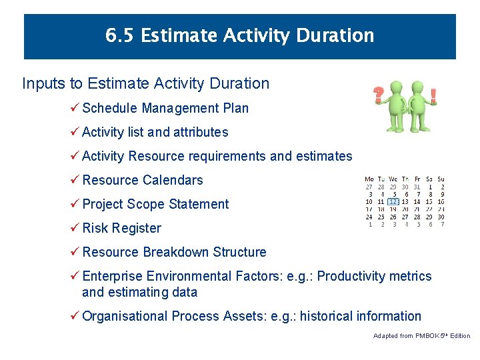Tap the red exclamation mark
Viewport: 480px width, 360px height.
point(433,95)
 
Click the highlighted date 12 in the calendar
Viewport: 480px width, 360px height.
point(393,201)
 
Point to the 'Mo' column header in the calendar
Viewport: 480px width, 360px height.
point(369,179)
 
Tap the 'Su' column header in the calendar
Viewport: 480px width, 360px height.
point(441,179)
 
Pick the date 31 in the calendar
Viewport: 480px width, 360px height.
point(417,187)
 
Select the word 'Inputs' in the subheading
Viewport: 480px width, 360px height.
point(44,83)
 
